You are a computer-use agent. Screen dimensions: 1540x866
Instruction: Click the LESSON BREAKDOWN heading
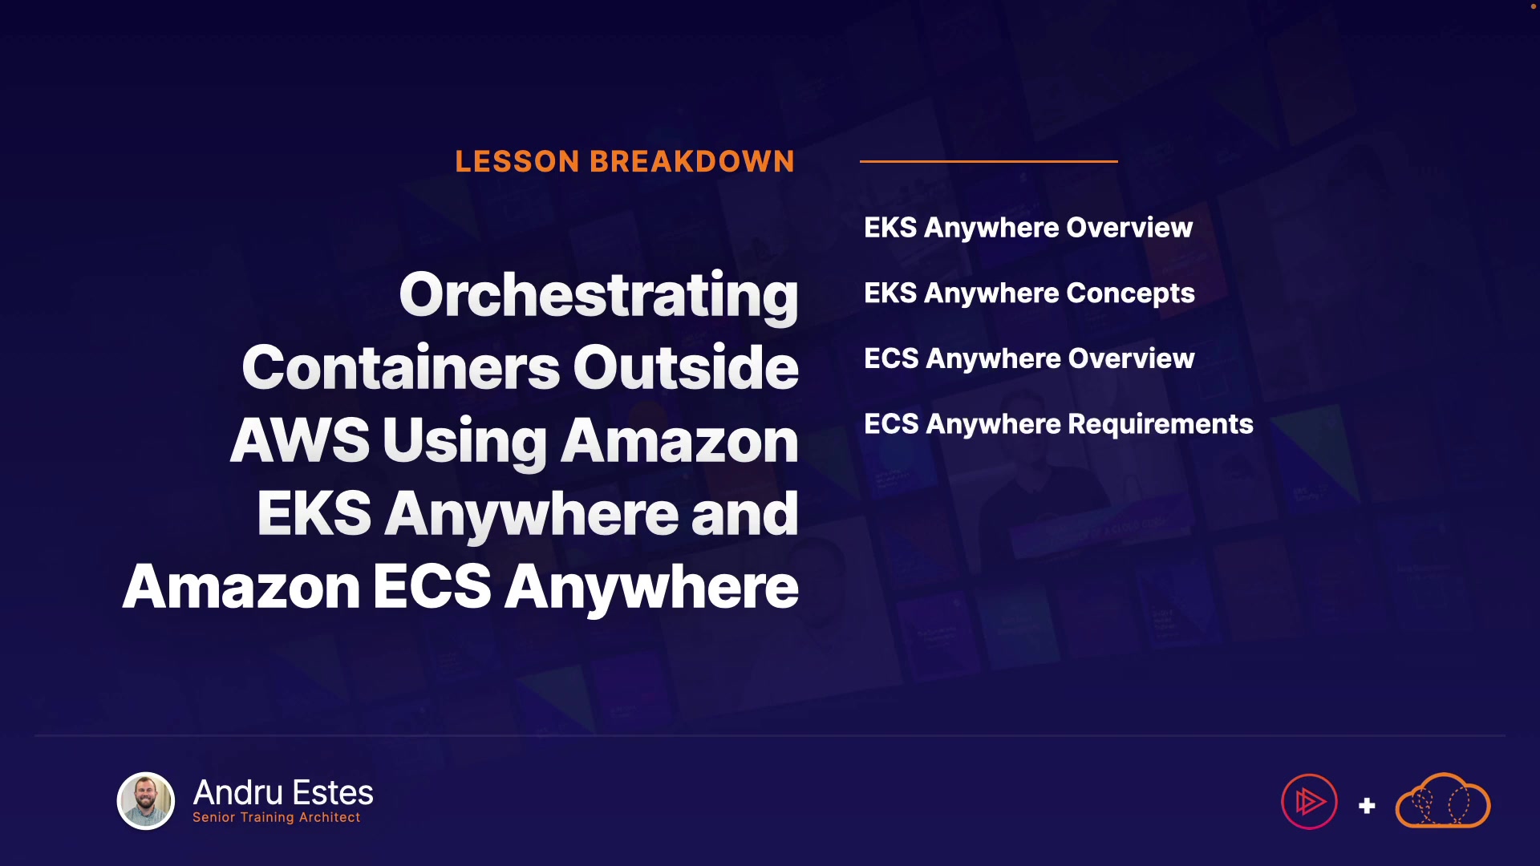coord(625,161)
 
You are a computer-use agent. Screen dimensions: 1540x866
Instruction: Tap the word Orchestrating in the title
coord(598,297)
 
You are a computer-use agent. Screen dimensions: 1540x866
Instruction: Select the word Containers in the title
coord(400,367)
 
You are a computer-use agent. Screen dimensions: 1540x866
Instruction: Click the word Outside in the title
coord(686,367)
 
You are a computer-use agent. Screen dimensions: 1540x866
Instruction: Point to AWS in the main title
coord(300,440)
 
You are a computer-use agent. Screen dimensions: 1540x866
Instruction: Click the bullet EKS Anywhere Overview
coord(1028,228)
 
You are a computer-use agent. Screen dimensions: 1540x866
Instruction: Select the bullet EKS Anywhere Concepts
coord(1029,293)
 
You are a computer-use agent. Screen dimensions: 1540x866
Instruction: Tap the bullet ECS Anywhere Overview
coord(1029,358)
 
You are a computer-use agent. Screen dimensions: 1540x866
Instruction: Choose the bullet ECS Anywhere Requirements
coord(1059,424)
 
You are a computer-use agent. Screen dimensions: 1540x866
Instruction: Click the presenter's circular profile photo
coord(146,801)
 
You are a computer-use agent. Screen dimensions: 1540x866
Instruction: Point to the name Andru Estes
coord(283,792)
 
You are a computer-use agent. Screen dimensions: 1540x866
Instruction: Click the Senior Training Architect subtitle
coord(277,817)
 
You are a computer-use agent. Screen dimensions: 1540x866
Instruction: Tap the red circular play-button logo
coord(1309,801)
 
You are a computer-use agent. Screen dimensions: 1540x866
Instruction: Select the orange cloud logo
coord(1443,801)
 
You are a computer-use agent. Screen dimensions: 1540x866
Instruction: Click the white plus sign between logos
coord(1368,805)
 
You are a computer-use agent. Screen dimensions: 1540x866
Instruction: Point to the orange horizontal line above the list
coord(989,161)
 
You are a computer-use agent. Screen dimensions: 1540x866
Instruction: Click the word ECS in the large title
coord(432,586)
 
